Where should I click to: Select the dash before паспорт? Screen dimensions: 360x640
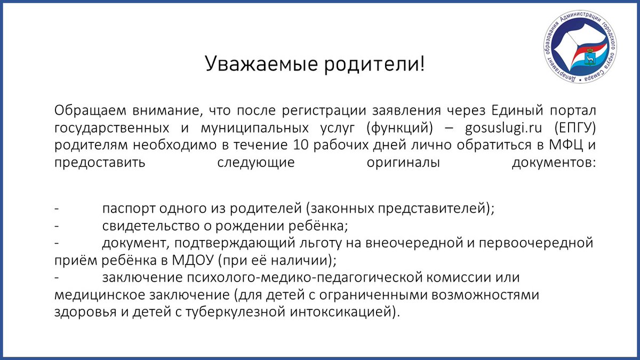[x=57, y=208]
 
